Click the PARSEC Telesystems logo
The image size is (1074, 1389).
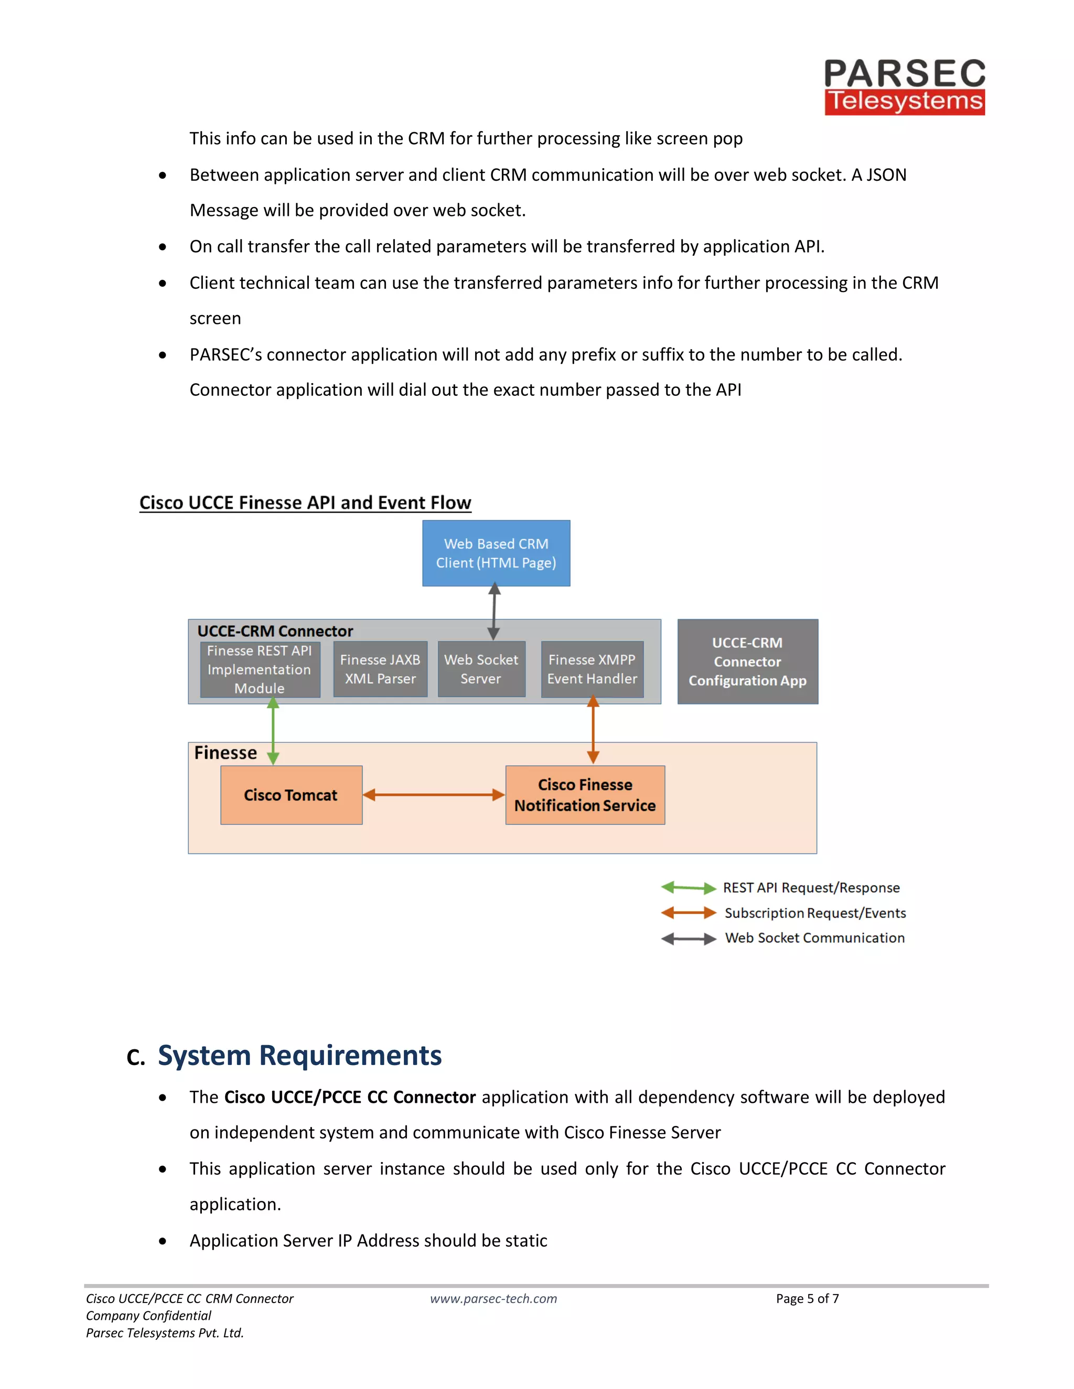[904, 86]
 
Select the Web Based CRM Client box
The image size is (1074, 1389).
[496, 552]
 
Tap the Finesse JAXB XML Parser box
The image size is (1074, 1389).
[380, 669]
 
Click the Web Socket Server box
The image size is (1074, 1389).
[481, 669]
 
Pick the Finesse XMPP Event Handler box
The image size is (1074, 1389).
[592, 669]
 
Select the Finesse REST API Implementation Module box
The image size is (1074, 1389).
[260, 669]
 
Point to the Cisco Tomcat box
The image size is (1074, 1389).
[291, 795]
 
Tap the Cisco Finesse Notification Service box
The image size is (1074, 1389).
[585, 795]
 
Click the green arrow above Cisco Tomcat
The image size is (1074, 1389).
[273, 730]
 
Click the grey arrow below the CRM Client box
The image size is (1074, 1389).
[493, 611]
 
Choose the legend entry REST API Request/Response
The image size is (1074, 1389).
[811, 888]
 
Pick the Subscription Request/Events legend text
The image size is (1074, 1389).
[814, 913]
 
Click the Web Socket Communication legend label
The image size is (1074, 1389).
[814, 938]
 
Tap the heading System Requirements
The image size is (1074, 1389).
[299, 1056]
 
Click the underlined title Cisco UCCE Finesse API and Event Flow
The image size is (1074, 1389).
[305, 503]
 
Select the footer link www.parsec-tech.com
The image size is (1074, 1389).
[493, 1299]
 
